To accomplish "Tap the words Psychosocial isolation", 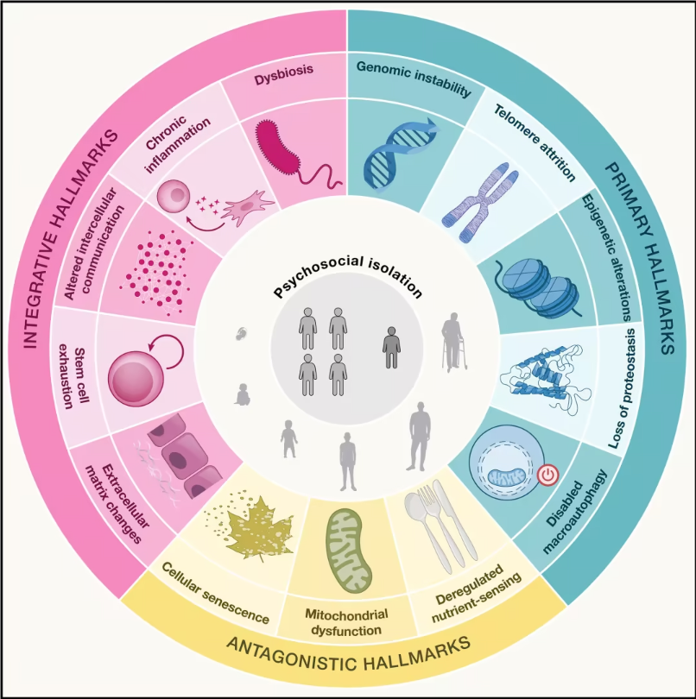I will click(348, 280).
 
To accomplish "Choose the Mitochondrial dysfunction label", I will click(347, 622).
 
